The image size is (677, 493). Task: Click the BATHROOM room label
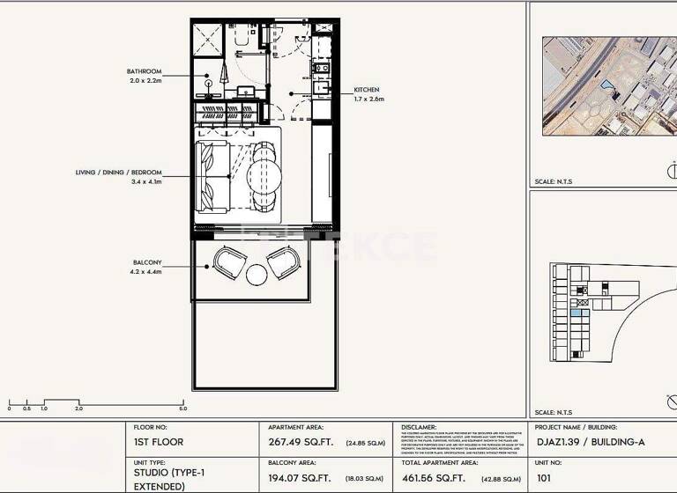click(x=145, y=70)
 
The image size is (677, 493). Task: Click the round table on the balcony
click(x=257, y=276)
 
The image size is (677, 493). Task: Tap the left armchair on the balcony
click(x=229, y=261)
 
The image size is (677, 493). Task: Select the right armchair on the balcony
click(x=284, y=261)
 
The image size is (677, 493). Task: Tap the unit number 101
click(x=544, y=479)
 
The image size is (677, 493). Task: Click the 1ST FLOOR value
click(x=159, y=442)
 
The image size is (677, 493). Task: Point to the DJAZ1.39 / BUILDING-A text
click(x=589, y=442)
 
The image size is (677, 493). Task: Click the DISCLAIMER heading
click(x=420, y=426)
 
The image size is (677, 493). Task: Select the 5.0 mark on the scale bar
click(x=182, y=408)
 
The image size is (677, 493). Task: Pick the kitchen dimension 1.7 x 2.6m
click(x=369, y=99)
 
